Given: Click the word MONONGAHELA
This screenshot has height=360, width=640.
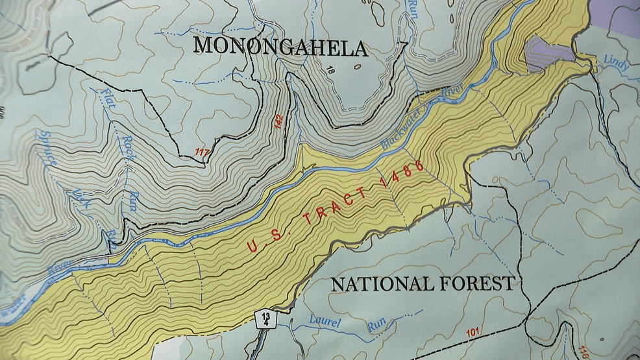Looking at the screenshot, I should pos(280,47).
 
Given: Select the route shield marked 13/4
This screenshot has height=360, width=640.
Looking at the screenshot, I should pos(265,318).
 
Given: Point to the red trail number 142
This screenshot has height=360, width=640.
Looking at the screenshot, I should pos(278,120).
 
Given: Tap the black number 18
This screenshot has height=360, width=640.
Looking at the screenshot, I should pos(332,70).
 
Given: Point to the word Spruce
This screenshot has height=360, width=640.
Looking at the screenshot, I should pos(47,148).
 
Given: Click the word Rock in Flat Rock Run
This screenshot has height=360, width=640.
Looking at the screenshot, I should pos(125,149).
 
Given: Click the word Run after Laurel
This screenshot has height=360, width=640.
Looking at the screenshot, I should pos(375,324).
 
